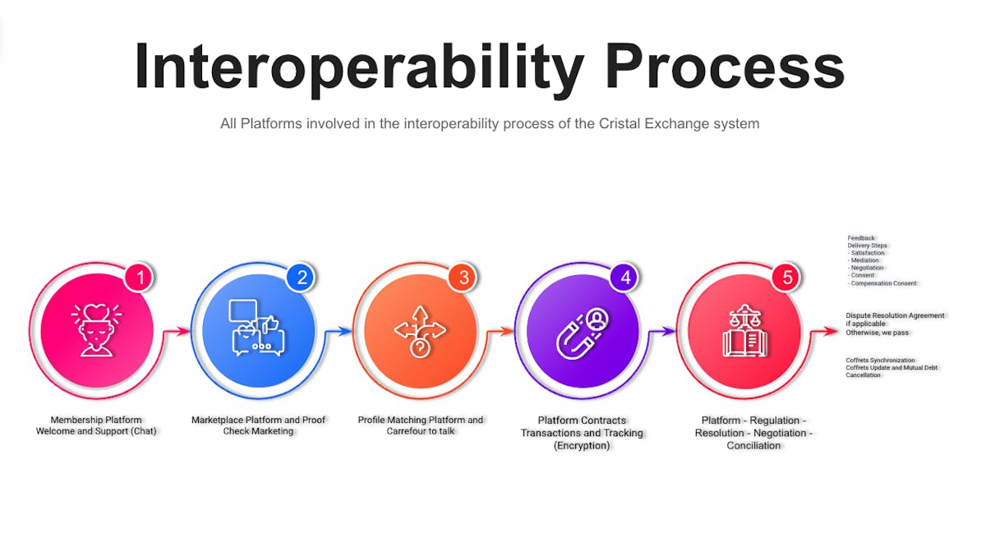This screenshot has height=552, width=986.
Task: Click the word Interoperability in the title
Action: click(359, 67)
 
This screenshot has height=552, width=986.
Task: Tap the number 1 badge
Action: click(140, 278)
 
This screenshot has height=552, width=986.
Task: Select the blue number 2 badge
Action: click(302, 278)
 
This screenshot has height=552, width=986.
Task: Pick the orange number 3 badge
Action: click(463, 278)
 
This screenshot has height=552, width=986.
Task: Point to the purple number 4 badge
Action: click(625, 278)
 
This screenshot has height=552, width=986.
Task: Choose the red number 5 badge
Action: click(787, 278)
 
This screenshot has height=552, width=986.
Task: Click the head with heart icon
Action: click(97, 330)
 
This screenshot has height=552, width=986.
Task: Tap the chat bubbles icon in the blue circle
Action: click(257, 328)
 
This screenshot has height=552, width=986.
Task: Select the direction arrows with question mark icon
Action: click(421, 331)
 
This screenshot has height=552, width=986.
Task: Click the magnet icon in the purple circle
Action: click(582, 333)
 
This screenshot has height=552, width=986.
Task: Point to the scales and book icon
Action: click(744, 330)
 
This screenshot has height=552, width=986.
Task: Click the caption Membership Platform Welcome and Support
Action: click(96, 425)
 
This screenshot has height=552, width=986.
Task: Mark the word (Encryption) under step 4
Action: click(582, 445)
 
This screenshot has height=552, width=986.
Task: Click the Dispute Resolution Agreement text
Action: click(895, 315)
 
